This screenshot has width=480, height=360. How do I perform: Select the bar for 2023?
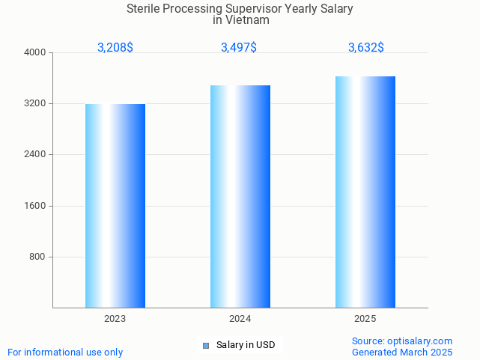[x=115, y=206]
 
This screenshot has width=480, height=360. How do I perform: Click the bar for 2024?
[x=240, y=196]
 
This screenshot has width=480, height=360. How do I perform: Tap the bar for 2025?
[x=365, y=192]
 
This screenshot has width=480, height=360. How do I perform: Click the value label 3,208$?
[x=115, y=48]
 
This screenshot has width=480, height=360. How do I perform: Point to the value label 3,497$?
[x=239, y=48]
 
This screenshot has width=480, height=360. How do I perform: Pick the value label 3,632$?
[x=366, y=48]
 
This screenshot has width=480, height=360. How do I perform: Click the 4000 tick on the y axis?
[x=36, y=52]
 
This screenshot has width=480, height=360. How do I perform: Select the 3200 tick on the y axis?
[x=36, y=103]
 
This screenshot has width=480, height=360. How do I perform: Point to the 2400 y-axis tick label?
[x=36, y=155]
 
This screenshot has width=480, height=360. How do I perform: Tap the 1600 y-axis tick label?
[x=36, y=206]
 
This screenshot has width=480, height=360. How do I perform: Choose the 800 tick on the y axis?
[x=38, y=257]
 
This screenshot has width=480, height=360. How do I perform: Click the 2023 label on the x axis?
[x=115, y=319]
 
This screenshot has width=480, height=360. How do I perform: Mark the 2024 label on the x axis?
[x=240, y=319]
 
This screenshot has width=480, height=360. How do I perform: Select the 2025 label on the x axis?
[x=365, y=319]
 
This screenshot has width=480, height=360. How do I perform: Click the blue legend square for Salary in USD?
[x=206, y=346]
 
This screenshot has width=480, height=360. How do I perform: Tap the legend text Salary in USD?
[x=246, y=345]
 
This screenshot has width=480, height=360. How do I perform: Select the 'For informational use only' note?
[x=65, y=352]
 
